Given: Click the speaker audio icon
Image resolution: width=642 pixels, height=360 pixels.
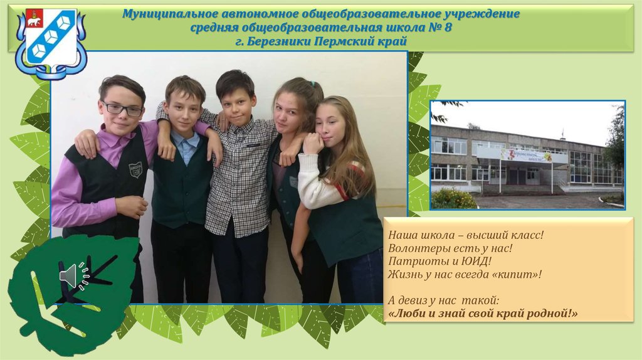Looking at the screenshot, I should pyautogui.click(x=68, y=276).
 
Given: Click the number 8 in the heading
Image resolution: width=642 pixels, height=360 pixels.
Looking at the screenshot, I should pyautogui.click(x=447, y=28).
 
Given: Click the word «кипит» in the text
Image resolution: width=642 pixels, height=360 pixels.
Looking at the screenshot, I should pyautogui.click(x=516, y=274).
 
